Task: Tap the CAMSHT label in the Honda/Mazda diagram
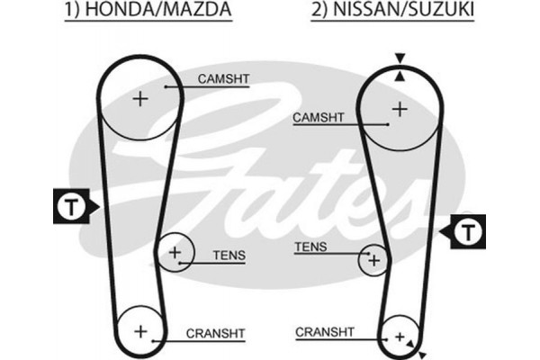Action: (x=223, y=80)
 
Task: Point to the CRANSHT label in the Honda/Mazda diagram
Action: (x=215, y=333)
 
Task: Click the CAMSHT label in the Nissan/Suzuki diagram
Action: (x=319, y=118)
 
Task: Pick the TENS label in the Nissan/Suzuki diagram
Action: (x=310, y=247)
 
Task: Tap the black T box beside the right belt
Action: (x=467, y=232)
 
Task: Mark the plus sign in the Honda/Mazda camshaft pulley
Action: (x=139, y=97)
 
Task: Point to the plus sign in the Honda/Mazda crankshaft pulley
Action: (x=139, y=331)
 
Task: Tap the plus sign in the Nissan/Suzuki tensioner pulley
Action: (x=373, y=260)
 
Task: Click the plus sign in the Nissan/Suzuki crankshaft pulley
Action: (x=397, y=337)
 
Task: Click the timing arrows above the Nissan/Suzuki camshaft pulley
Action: (x=400, y=67)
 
